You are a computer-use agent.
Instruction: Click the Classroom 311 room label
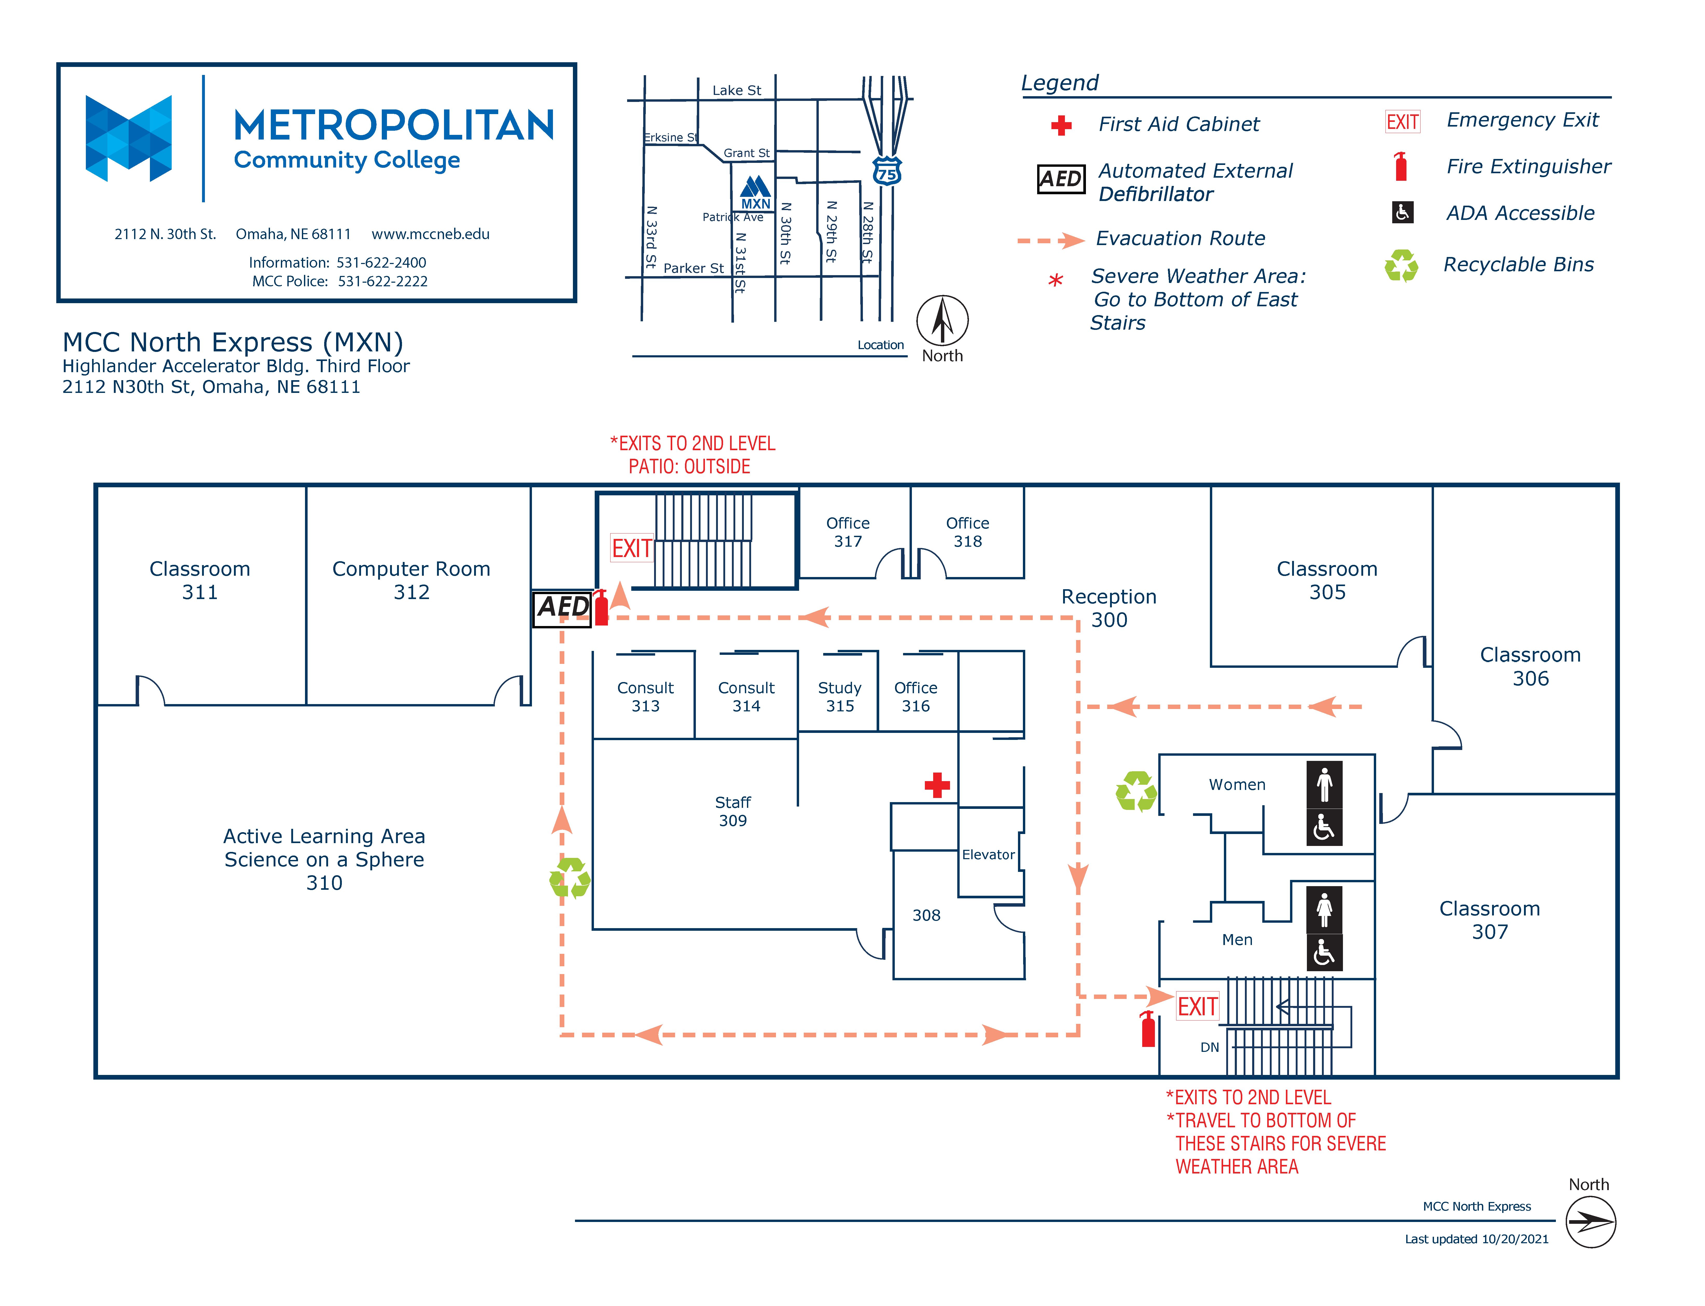point(200,580)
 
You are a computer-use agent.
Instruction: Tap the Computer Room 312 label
point(411,580)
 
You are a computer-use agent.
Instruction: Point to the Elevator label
point(988,854)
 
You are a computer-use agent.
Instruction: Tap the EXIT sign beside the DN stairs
point(1197,1007)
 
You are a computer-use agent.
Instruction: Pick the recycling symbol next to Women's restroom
point(1136,791)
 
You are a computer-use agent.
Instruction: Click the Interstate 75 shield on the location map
point(887,170)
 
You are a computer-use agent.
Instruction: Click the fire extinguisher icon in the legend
point(1401,166)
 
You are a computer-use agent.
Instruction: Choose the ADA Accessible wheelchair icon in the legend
point(1403,212)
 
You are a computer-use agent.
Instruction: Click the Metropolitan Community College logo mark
point(128,138)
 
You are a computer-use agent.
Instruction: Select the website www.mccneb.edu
point(431,234)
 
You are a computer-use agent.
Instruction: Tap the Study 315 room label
point(840,697)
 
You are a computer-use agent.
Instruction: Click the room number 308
point(926,915)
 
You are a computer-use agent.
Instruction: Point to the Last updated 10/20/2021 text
point(1477,1239)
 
